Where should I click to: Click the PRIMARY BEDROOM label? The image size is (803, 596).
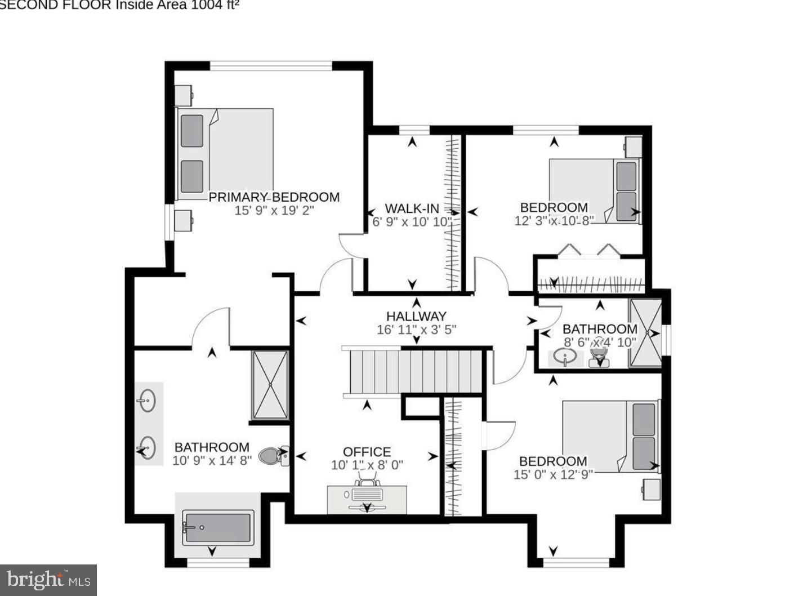274,197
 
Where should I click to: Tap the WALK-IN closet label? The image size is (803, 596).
412,208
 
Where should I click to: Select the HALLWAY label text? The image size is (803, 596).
416,316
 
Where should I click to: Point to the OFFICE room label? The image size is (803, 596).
367,452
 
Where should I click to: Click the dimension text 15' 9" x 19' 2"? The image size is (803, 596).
274,211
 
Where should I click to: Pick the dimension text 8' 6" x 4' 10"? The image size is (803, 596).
600,342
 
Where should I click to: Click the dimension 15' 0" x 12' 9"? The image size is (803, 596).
553,474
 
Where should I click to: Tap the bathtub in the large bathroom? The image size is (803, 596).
217,527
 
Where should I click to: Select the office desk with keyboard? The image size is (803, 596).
367,499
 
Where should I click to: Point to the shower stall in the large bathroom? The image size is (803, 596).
270,385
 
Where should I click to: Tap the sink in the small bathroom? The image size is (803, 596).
564,357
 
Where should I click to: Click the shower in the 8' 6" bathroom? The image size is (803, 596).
645,333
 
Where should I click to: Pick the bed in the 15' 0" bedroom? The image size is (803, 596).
610,435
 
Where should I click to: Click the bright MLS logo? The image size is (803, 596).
48,580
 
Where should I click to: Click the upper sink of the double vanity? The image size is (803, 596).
147,401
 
